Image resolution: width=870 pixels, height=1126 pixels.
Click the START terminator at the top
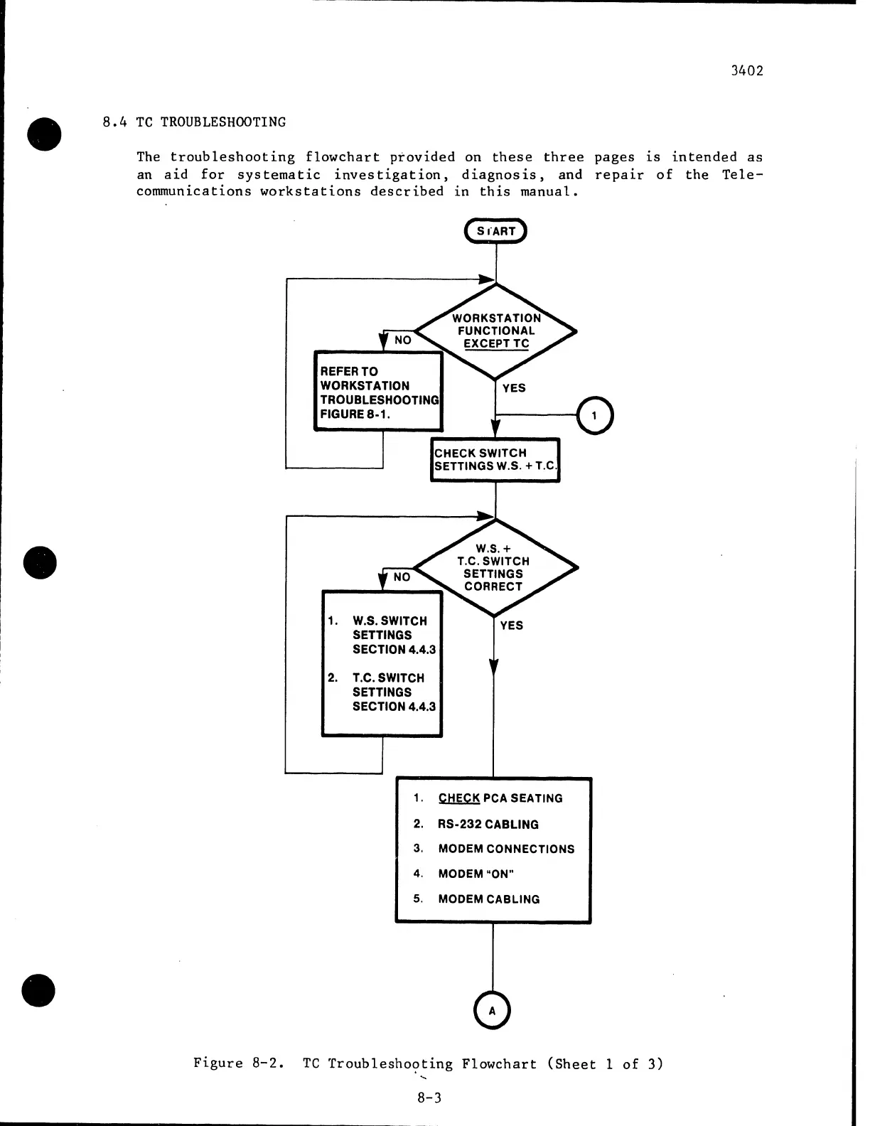[x=495, y=231]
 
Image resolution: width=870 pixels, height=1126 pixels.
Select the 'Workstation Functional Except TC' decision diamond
[x=496, y=331]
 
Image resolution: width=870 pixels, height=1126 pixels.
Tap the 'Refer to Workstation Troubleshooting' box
[x=378, y=392]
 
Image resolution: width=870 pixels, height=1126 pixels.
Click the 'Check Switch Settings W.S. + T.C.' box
[x=495, y=460]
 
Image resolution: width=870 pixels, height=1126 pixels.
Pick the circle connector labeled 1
[x=594, y=416]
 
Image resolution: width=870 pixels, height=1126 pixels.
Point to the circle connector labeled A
[x=492, y=1011]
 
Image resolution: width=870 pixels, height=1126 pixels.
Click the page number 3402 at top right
[x=746, y=71]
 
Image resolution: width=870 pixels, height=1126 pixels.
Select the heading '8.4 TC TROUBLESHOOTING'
[x=194, y=122]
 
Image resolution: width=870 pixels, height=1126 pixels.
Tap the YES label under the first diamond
[x=514, y=388]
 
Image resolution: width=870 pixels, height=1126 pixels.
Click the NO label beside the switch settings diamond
[x=402, y=577]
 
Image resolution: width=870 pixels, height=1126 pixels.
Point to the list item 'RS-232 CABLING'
[x=488, y=825]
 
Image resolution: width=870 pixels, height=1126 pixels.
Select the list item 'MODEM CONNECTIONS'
[x=506, y=849]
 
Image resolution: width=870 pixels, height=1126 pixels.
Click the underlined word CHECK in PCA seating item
[x=459, y=798]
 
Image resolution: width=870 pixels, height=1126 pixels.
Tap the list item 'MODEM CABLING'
[x=489, y=899]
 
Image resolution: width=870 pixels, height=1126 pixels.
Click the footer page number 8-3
[x=429, y=1098]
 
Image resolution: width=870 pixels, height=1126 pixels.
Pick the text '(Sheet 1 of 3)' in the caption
[x=605, y=1064]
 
